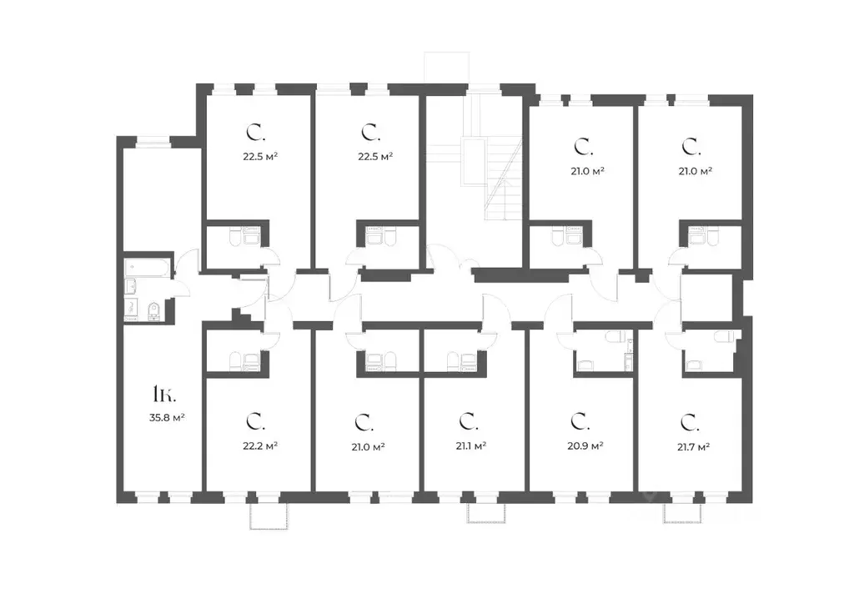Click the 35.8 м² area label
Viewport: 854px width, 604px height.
[167, 418]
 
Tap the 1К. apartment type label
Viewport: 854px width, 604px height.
[164, 394]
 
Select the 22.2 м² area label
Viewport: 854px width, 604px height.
[260, 445]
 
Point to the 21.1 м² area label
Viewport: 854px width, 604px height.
[470, 445]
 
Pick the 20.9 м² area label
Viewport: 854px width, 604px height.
[585, 445]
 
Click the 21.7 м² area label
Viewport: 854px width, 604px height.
[693, 446]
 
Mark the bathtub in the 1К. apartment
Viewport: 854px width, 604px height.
[148, 268]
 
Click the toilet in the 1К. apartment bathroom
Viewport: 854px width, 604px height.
[153, 310]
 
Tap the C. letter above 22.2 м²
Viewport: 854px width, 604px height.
[255, 421]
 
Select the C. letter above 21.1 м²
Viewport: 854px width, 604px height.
[469, 421]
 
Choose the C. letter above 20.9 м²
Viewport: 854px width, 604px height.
[580, 421]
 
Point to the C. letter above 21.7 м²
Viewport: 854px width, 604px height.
[690, 422]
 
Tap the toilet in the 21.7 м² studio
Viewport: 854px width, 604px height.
[725, 336]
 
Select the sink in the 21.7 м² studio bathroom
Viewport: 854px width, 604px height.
[693, 365]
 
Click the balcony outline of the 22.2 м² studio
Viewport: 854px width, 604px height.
[268, 516]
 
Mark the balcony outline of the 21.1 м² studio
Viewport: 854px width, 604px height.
[486, 513]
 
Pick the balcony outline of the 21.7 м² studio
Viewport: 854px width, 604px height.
[682, 513]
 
